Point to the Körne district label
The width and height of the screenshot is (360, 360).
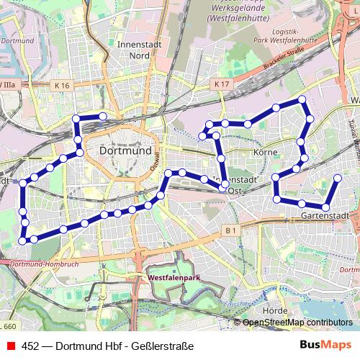265,153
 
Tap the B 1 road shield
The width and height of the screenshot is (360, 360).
230,230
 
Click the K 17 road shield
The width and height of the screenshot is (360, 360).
221,84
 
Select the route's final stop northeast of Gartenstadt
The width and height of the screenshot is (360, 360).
338,177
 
